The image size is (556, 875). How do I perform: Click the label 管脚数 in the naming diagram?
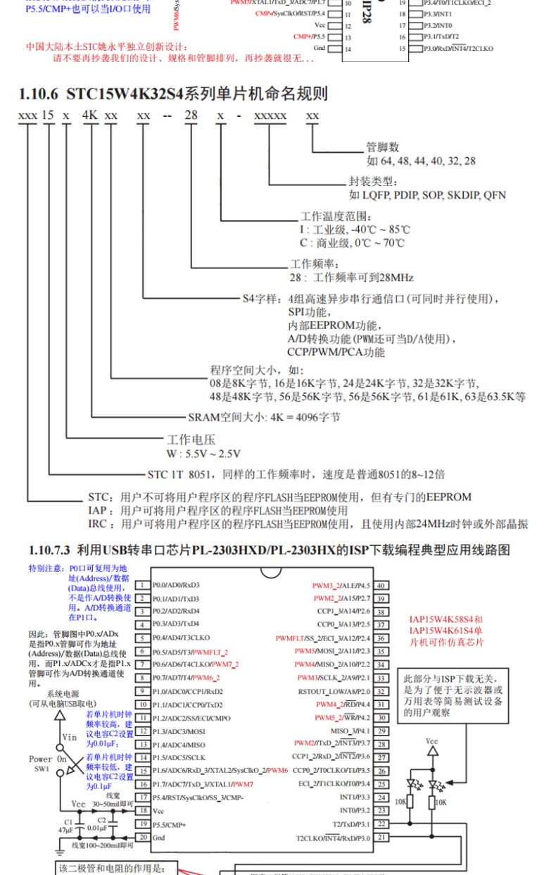383,147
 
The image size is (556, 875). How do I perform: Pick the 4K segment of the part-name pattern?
91,116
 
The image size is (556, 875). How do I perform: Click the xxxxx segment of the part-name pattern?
270,116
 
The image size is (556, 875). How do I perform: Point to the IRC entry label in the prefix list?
97,524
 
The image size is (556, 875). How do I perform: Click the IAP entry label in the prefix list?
97,510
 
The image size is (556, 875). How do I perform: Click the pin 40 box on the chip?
380,585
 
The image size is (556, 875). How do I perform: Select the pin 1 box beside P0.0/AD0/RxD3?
141,585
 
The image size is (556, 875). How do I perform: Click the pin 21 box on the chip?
380,838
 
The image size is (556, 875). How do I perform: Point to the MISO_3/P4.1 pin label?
351,731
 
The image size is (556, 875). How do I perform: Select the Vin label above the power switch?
70,737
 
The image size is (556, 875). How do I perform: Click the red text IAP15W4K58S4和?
446,620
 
